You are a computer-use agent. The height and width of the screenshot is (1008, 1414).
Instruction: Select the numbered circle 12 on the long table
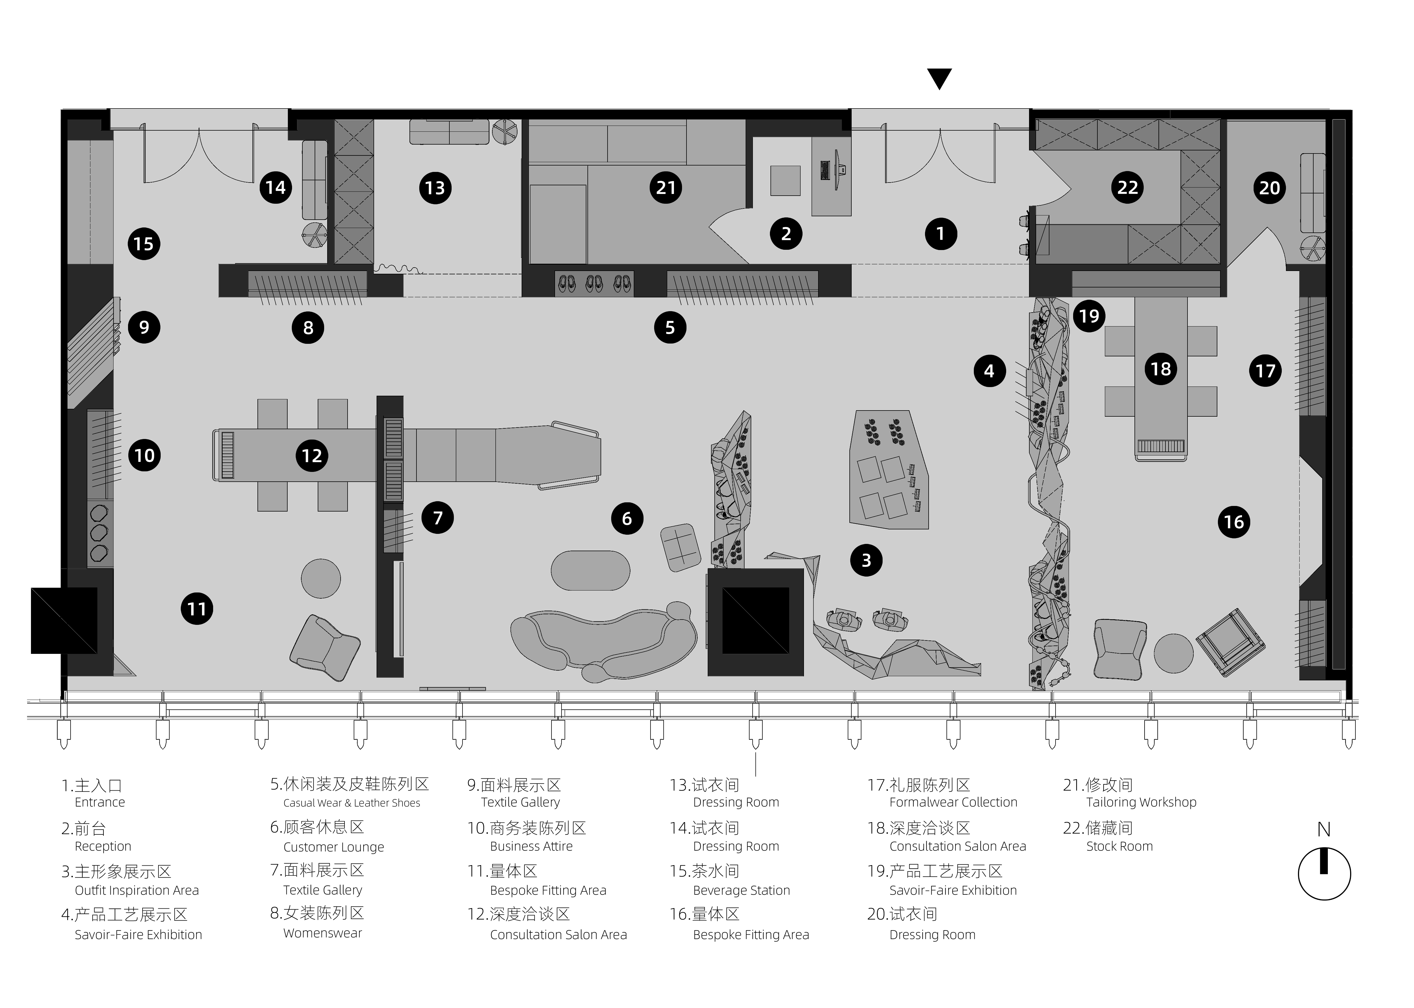[312, 456]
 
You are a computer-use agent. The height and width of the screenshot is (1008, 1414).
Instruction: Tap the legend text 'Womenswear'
[323, 933]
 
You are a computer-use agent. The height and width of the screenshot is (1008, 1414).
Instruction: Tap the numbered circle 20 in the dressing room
[1270, 188]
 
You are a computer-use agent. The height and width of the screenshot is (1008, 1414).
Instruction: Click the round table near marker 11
[321, 579]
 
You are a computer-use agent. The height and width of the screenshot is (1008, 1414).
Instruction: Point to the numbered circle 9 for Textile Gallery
[144, 327]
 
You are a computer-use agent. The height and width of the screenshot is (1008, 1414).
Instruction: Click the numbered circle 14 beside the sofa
[276, 188]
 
